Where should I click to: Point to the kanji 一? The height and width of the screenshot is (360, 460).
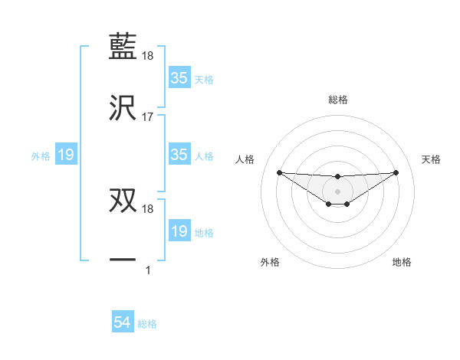tap(123, 260)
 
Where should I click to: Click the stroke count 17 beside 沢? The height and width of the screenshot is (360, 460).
tap(148, 117)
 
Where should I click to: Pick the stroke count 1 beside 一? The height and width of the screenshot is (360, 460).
tap(147, 270)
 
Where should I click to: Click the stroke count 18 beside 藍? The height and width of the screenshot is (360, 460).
tap(148, 56)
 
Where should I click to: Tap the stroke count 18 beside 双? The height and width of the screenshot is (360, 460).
tap(148, 209)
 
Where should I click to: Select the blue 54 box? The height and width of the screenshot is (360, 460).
tap(122, 323)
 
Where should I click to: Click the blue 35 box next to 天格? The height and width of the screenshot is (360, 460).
tap(179, 78)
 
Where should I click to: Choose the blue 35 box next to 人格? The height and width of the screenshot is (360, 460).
tap(179, 155)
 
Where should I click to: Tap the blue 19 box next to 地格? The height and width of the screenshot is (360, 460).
tap(179, 231)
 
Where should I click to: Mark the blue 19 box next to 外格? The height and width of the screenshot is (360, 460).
tap(66, 155)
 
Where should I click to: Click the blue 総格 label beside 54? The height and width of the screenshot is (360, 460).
tap(147, 324)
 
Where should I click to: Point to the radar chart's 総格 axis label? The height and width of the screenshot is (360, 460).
tap(338, 100)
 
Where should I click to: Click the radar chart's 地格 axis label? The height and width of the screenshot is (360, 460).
tap(402, 263)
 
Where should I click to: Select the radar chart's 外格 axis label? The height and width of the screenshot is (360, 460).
tap(270, 263)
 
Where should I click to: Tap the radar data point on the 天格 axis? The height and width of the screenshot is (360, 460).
tap(396, 172)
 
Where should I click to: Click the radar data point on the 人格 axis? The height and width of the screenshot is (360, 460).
tap(279, 172)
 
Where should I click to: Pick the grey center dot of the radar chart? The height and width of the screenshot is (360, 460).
tap(337, 191)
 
